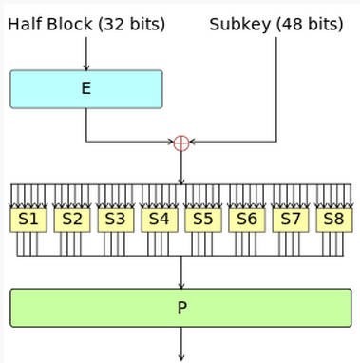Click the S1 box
28,220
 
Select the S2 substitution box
72,220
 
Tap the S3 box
116,220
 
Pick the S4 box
160,220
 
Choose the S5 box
203,220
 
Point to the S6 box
247,220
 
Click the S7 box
291,220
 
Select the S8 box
334,220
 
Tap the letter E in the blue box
86,88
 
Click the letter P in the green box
182,308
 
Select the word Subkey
240,25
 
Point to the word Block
70,24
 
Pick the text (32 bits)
131,25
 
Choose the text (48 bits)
310,25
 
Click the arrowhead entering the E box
86,67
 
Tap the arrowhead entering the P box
181,286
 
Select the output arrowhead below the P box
181,357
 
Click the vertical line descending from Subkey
276,89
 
